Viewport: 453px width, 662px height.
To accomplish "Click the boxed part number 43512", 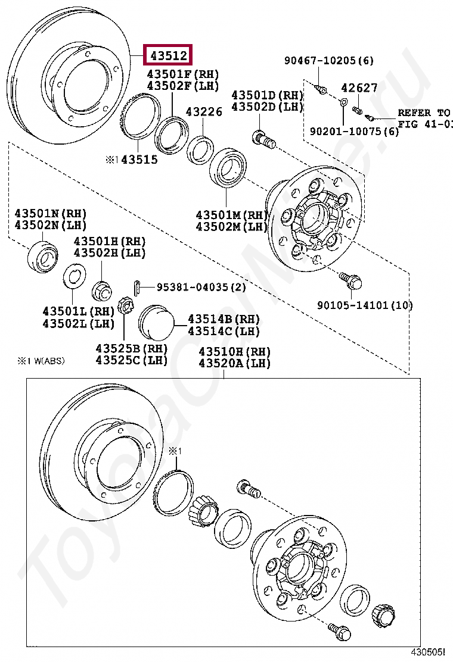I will pos(169,56).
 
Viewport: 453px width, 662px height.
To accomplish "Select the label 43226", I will pos(203,111).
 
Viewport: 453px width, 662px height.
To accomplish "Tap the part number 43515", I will pos(136,160).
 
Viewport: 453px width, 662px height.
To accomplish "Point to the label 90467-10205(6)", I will pos(328,60).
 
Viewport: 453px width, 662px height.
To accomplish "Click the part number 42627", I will pos(359,88).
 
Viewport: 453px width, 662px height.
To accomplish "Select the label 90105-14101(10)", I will pos(365,305).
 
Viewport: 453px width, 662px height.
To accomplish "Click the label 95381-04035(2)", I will pos(201,287).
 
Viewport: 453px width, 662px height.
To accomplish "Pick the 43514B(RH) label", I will pos(224,319).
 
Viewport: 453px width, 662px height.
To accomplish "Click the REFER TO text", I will pos(424,113).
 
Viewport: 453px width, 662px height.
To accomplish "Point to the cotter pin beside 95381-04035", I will pos(137,287).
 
